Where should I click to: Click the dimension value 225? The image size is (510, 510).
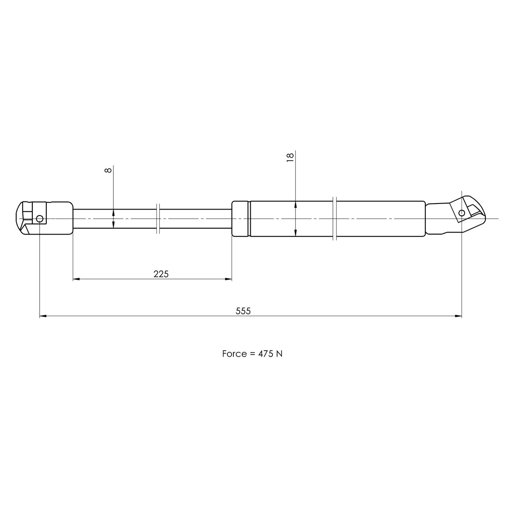(161, 274)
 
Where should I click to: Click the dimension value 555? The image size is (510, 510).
(243, 311)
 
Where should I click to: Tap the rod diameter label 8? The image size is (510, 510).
(108, 170)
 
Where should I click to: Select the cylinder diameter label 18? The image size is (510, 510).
(290, 158)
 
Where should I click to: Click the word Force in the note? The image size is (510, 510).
(235, 354)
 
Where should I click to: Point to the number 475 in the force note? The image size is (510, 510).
(266, 354)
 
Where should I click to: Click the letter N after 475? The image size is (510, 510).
(280, 354)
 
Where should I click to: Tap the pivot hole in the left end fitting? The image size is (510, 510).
(40, 218)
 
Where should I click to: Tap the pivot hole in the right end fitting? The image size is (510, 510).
(462, 213)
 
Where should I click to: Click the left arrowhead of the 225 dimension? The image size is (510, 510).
(76, 279)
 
